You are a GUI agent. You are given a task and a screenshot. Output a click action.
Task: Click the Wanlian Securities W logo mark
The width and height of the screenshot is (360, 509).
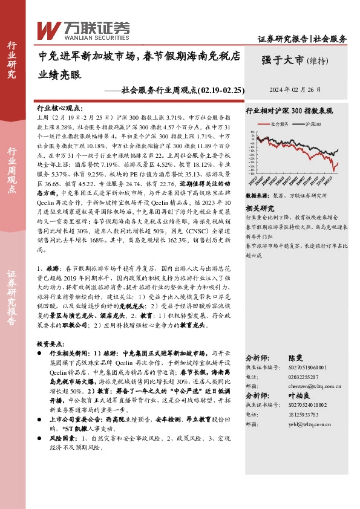click(47, 28)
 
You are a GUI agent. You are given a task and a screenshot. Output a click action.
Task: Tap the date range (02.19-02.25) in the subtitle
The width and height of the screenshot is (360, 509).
click(221, 90)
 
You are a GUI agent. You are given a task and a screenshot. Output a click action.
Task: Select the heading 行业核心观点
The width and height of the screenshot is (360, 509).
click(58, 106)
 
